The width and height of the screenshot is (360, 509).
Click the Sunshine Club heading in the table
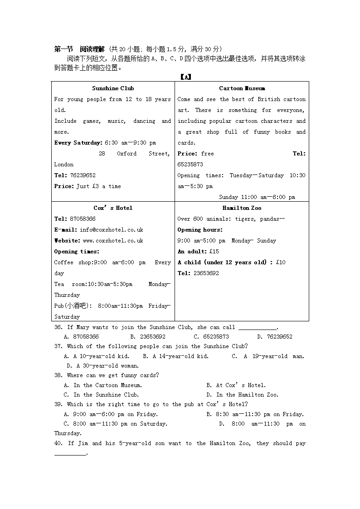click(x=113, y=88)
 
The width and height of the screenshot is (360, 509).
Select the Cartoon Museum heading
click(x=242, y=88)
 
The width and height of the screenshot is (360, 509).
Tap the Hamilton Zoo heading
click(x=242, y=208)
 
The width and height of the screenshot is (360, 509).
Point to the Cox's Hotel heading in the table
click(x=113, y=208)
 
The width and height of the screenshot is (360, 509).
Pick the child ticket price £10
click(x=281, y=262)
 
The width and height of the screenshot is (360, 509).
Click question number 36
click(x=58, y=327)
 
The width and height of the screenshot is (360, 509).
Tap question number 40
click(x=58, y=443)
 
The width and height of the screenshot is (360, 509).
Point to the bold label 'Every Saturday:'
click(x=78, y=143)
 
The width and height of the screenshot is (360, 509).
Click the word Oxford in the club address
click(x=126, y=154)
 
